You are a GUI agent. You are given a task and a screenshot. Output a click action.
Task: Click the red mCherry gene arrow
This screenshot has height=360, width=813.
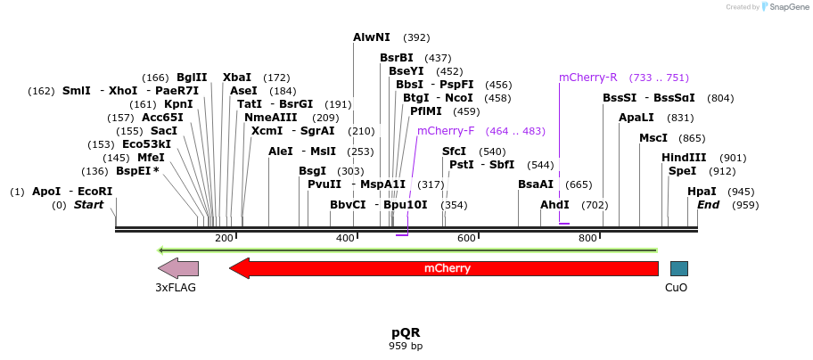(x=446, y=268)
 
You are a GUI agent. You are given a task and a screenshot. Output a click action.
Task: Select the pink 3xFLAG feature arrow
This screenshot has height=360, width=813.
(x=178, y=268)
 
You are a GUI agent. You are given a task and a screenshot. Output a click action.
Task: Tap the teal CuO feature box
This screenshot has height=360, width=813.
(x=678, y=268)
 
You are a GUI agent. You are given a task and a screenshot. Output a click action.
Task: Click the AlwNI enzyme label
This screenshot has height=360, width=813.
(x=372, y=37)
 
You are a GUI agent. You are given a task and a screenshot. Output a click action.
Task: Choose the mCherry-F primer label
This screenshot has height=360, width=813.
(x=446, y=131)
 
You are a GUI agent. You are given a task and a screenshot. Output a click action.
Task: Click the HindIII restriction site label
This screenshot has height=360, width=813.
(x=684, y=158)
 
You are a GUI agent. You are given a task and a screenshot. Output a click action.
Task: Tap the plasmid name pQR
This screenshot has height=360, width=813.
(x=406, y=332)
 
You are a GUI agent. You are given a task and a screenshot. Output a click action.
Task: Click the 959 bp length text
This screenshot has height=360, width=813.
(x=406, y=346)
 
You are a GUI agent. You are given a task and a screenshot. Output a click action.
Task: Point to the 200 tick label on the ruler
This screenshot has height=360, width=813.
(x=224, y=239)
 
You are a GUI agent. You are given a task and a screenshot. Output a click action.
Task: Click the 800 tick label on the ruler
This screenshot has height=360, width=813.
(x=587, y=239)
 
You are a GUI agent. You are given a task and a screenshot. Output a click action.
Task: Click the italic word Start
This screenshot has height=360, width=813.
(x=88, y=205)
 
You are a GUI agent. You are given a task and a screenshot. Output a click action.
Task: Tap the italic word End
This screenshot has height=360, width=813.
(x=709, y=205)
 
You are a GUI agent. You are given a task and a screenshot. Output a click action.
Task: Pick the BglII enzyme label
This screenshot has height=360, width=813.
(x=192, y=78)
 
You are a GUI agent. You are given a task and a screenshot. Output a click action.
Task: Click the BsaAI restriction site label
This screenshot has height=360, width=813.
(x=536, y=184)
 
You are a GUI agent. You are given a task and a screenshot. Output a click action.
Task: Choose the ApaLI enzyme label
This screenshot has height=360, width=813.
(x=636, y=118)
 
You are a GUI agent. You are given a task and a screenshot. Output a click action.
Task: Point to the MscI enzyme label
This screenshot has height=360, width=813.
(x=653, y=138)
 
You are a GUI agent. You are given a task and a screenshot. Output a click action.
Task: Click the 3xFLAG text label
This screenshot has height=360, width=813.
(x=176, y=288)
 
